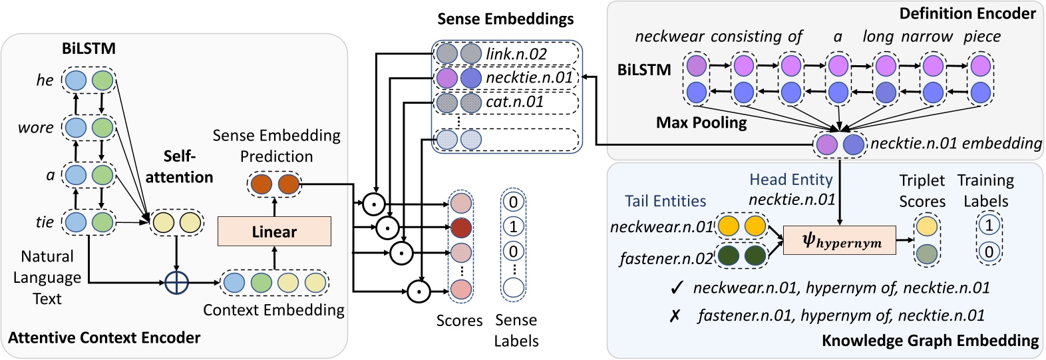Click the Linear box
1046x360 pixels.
tap(274, 232)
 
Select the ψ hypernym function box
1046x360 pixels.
tap(840, 240)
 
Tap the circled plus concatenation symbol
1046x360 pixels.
tap(176, 282)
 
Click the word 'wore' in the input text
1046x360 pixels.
tap(36, 128)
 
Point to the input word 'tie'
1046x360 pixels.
tap(44, 222)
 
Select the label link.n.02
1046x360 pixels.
tap(516, 54)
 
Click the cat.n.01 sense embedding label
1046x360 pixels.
tap(514, 102)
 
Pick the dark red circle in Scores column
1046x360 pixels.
tap(460, 228)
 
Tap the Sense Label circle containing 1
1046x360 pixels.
tap(513, 226)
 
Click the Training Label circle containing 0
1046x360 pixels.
tap(989, 252)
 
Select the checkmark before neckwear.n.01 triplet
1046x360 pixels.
tap(677, 288)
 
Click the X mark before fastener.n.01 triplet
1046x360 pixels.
tap(675, 316)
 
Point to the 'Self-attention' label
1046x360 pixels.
tap(179, 166)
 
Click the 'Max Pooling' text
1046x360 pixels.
tap(701, 122)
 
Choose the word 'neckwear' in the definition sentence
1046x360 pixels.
tap(669, 37)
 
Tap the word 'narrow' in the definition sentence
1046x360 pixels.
tap(927, 37)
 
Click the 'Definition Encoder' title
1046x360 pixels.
tap(967, 13)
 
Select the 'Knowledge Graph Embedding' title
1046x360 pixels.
tap(930, 341)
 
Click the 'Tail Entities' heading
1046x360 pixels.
tap(665, 201)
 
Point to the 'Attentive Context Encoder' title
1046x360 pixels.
tap(104, 338)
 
